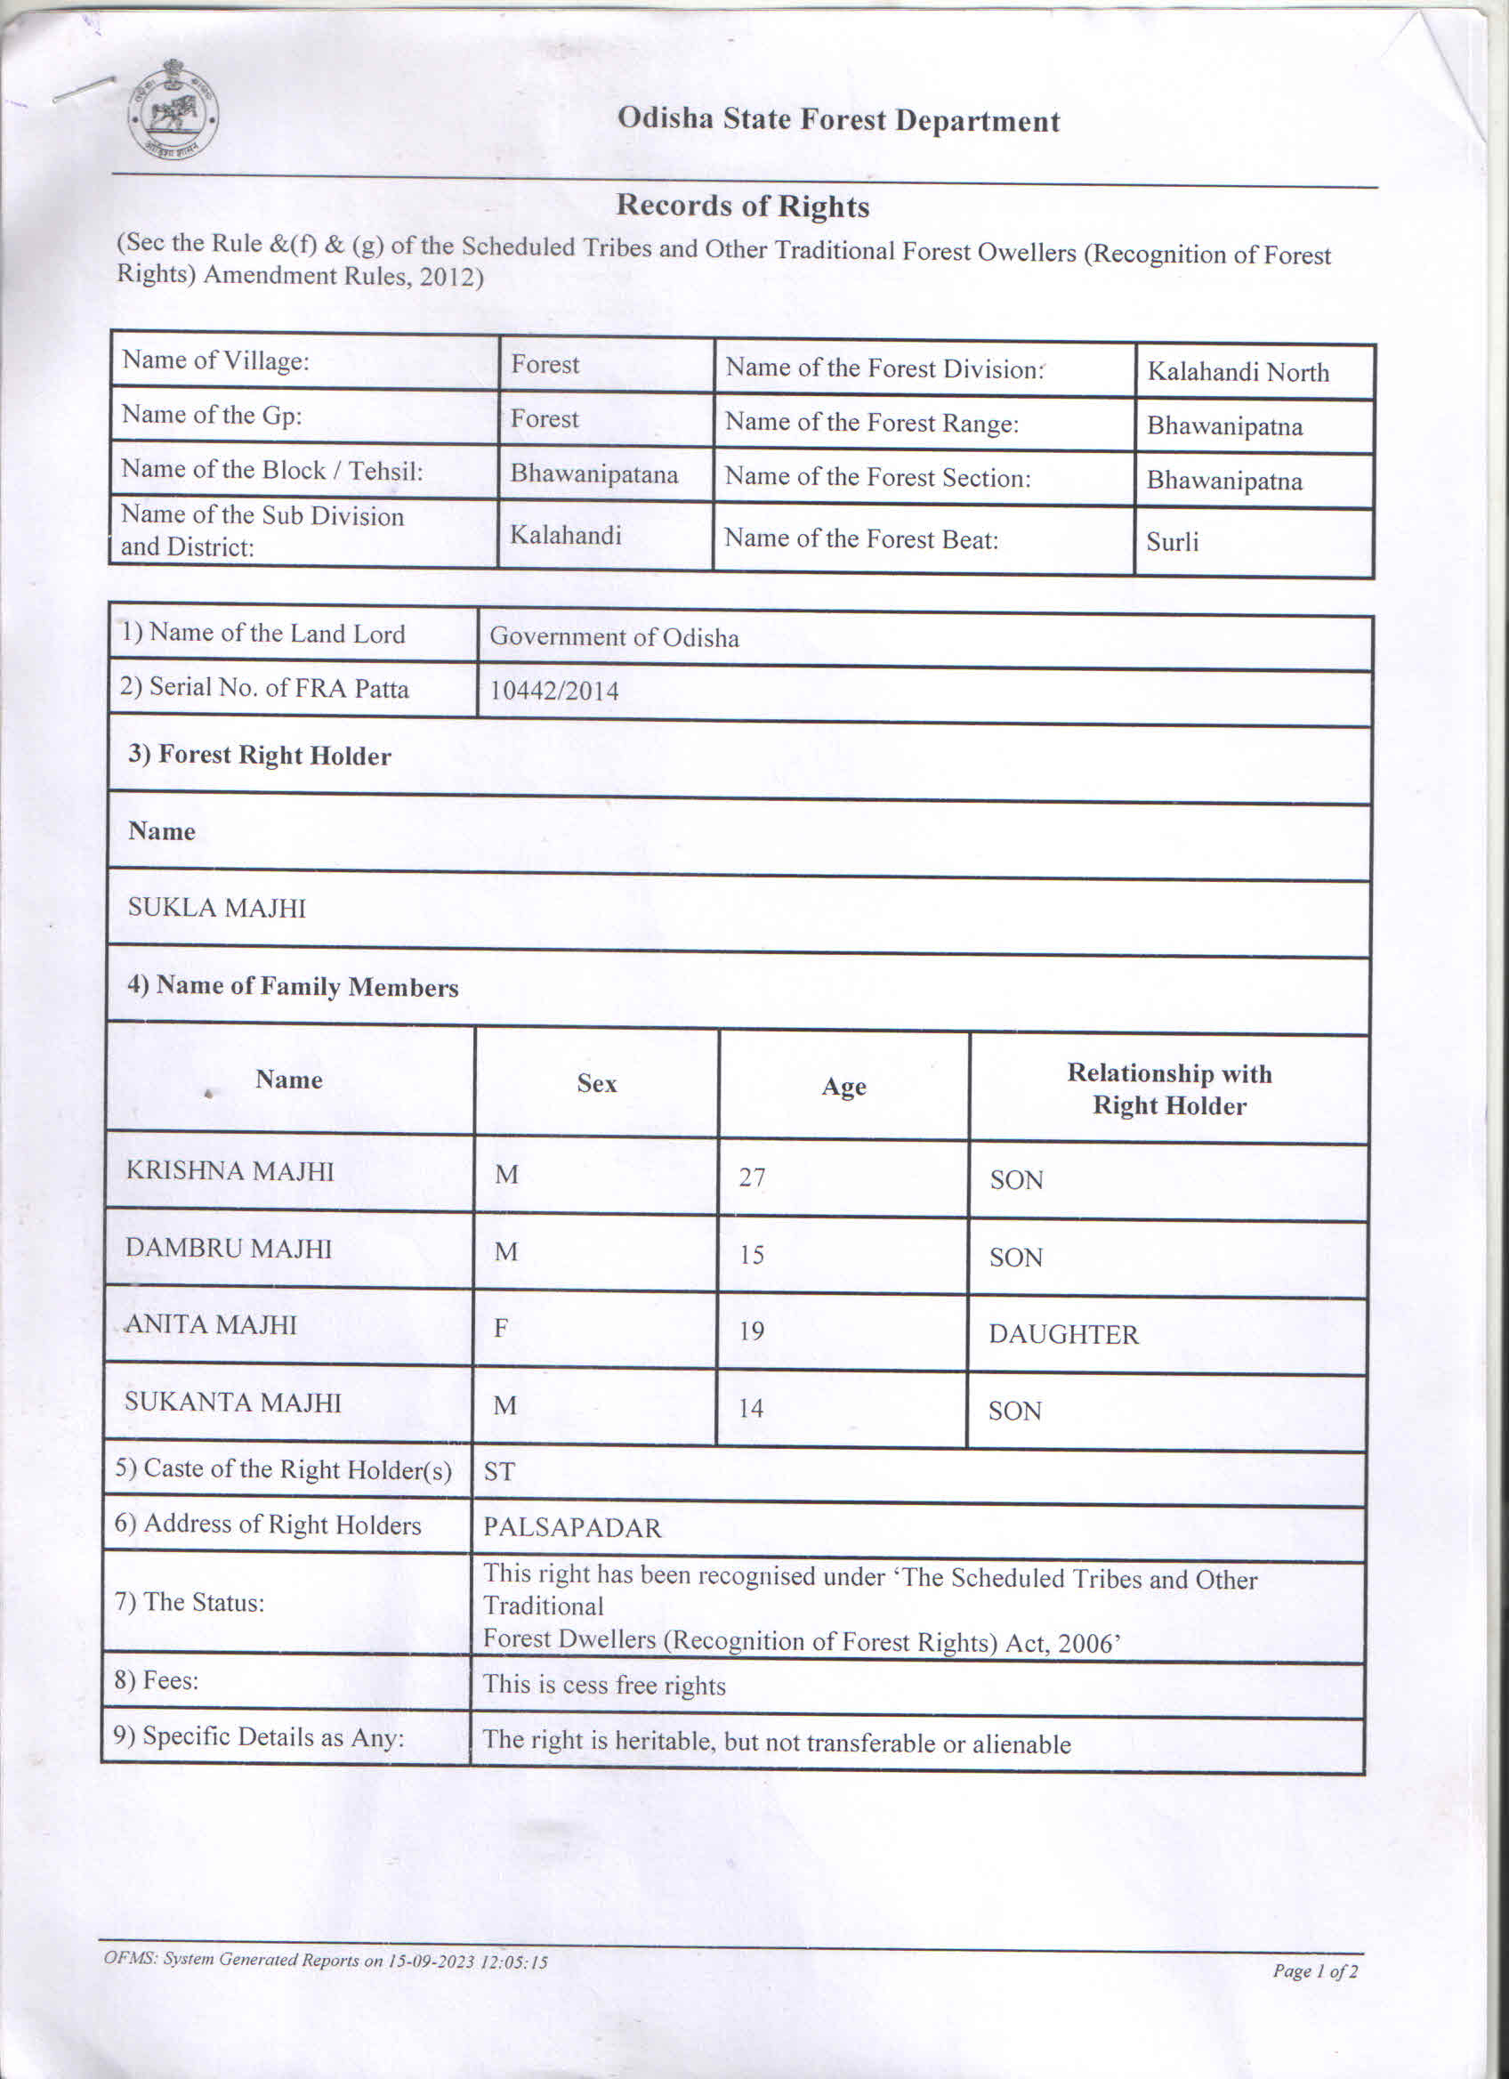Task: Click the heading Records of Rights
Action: point(742,206)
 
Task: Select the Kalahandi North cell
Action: point(1238,372)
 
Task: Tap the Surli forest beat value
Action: point(1172,542)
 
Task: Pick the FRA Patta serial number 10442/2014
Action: point(553,691)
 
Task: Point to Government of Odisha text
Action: point(614,637)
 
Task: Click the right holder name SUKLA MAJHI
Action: point(217,908)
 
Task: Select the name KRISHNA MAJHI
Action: point(230,1170)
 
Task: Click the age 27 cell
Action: point(752,1177)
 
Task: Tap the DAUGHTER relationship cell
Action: point(1064,1334)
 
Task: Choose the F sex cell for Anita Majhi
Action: point(500,1328)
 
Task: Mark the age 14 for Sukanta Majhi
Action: point(750,1408)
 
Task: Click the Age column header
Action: point(843,1088)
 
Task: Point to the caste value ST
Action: point(499,1471)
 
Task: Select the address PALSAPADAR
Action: point(572,1527)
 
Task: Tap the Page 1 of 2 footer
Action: point(1315,1970)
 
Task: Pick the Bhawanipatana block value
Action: point(593,474)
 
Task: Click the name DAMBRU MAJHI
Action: point(228,1248)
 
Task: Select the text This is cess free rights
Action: point(604,1685)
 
